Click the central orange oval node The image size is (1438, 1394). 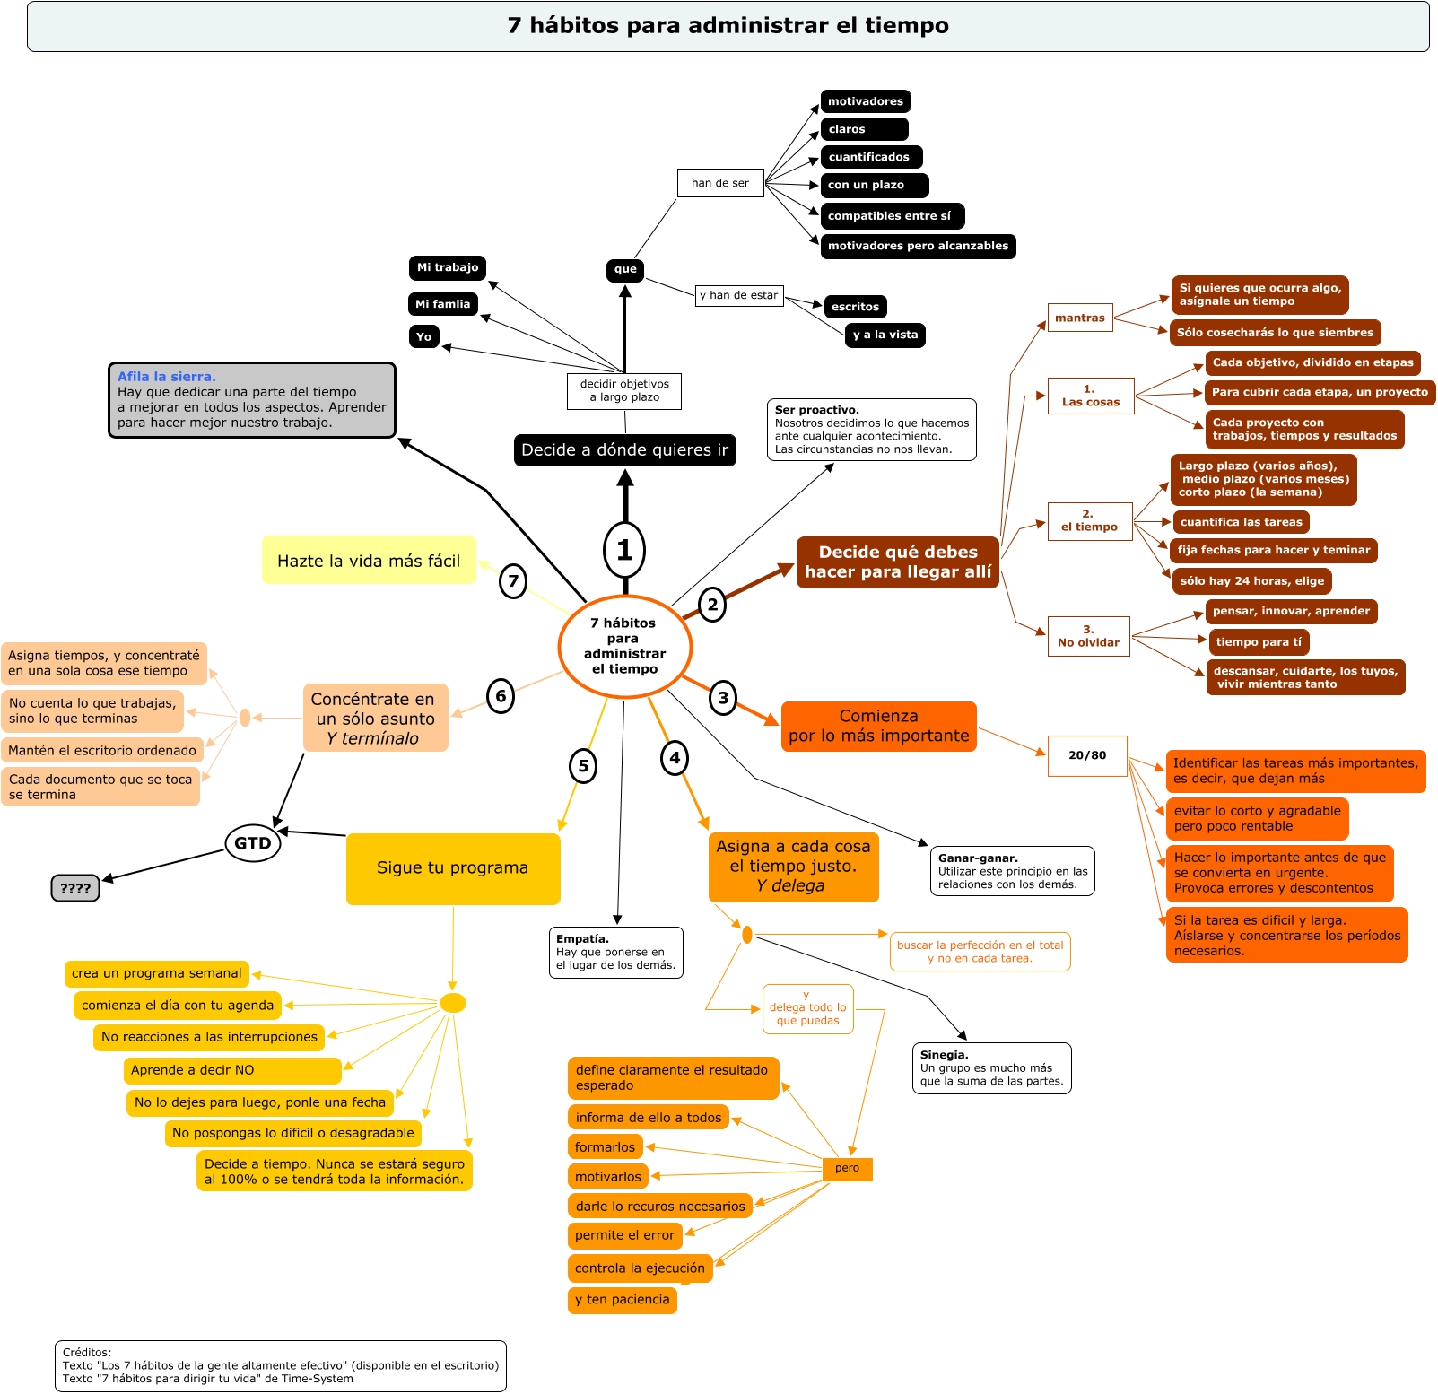[x=624, y=646]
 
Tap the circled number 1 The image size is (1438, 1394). [x=624, y=550]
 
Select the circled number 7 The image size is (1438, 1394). [x=512, y=580]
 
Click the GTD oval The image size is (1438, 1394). [x=253, y=843]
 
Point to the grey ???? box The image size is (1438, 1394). [x=75, y=888]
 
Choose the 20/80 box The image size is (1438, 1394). [x=1087, y=755]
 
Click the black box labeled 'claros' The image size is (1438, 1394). [x=864, y=129]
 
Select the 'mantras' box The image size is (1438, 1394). [x=1080, y=318]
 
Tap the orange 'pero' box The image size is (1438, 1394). [x=847, y=1168]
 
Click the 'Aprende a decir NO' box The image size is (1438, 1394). [x=233, y=1070]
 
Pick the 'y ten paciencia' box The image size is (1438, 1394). [x=623, y=1299]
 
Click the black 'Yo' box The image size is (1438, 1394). [x=423, y=336]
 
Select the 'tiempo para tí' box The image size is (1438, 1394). [x=1259, y=641]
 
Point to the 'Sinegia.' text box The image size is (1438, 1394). [x=991, y=1067]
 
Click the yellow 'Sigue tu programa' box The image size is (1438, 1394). [x=453, y=868]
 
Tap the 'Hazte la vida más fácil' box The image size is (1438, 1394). [x=369, y=561]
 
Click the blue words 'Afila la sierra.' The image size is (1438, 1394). [x=167, y=377]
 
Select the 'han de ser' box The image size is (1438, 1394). [x=720, y=183]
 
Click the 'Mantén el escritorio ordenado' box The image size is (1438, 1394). [x=102, y=750]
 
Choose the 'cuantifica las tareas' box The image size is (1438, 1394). [x=1241, y=522]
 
